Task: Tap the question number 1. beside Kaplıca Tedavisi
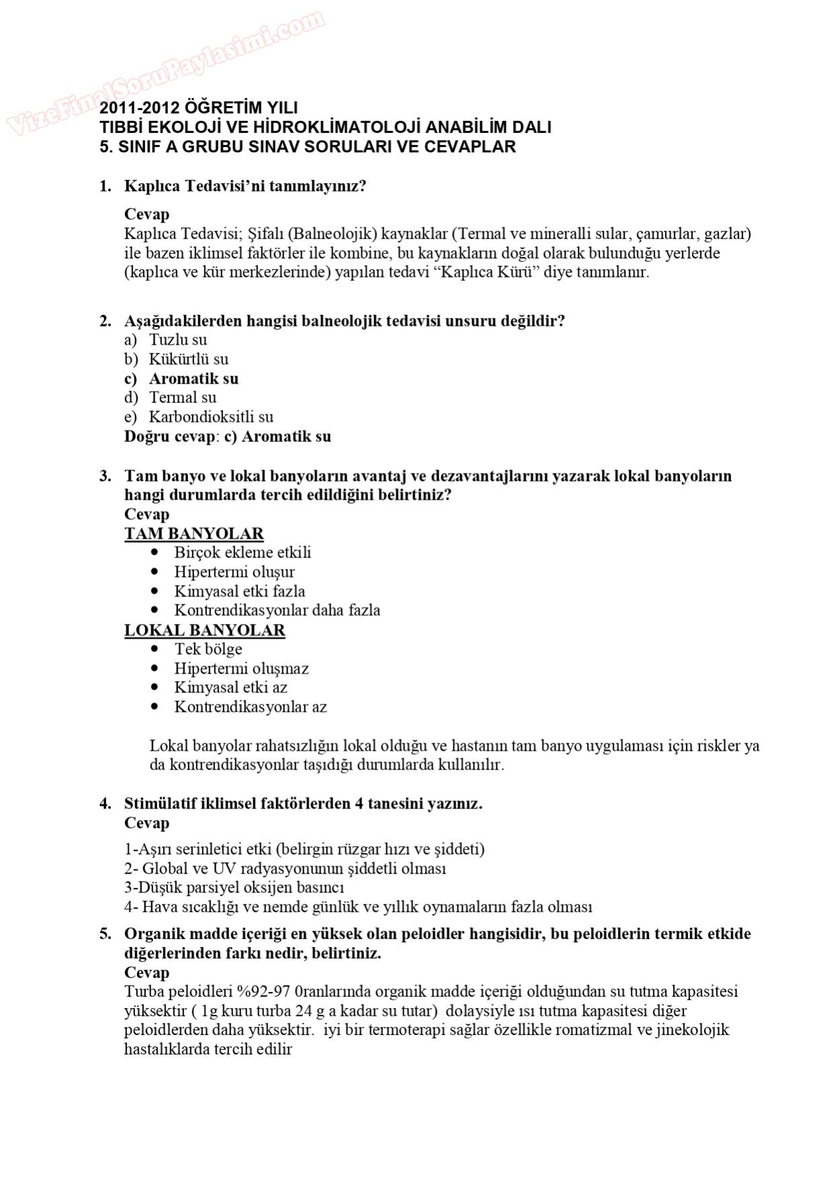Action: point(105,186)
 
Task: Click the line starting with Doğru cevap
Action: point(227,437)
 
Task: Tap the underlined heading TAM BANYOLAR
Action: point(193,534)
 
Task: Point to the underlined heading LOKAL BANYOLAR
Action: point(204,631)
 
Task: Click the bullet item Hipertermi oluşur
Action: point(234,572)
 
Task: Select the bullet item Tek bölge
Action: point(208,649)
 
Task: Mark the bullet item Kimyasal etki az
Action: point(230,688)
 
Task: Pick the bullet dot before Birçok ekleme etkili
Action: point(155,552)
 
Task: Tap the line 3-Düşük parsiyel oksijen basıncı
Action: point(234,888)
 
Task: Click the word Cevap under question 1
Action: point(146,214)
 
